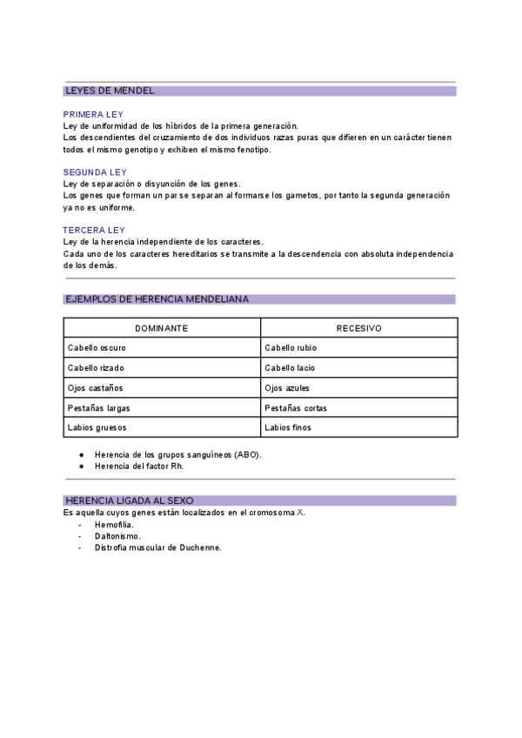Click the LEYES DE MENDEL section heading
tap(110, 91)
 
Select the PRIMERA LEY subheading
tap(93, 114)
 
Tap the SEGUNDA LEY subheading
tap(95, 172)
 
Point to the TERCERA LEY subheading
tap(94, 230)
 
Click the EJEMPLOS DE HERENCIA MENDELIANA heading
tap(157, 299)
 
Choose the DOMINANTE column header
tap(162, 328)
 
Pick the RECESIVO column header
tap(358, 328)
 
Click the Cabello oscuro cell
tap(97, 348)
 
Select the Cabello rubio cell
tap(291, 348)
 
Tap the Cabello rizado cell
tap(96, 368)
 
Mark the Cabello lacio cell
tap(290, 368)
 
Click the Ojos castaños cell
tap(95, 388)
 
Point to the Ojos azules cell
tap(287, 388)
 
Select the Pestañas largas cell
tap(98, 408)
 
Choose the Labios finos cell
tap(288, 428)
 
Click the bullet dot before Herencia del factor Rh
tap(81, 466)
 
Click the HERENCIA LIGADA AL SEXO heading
tap(129, 500)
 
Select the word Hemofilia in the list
tap(114, 525)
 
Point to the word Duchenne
tap(201, 548)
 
